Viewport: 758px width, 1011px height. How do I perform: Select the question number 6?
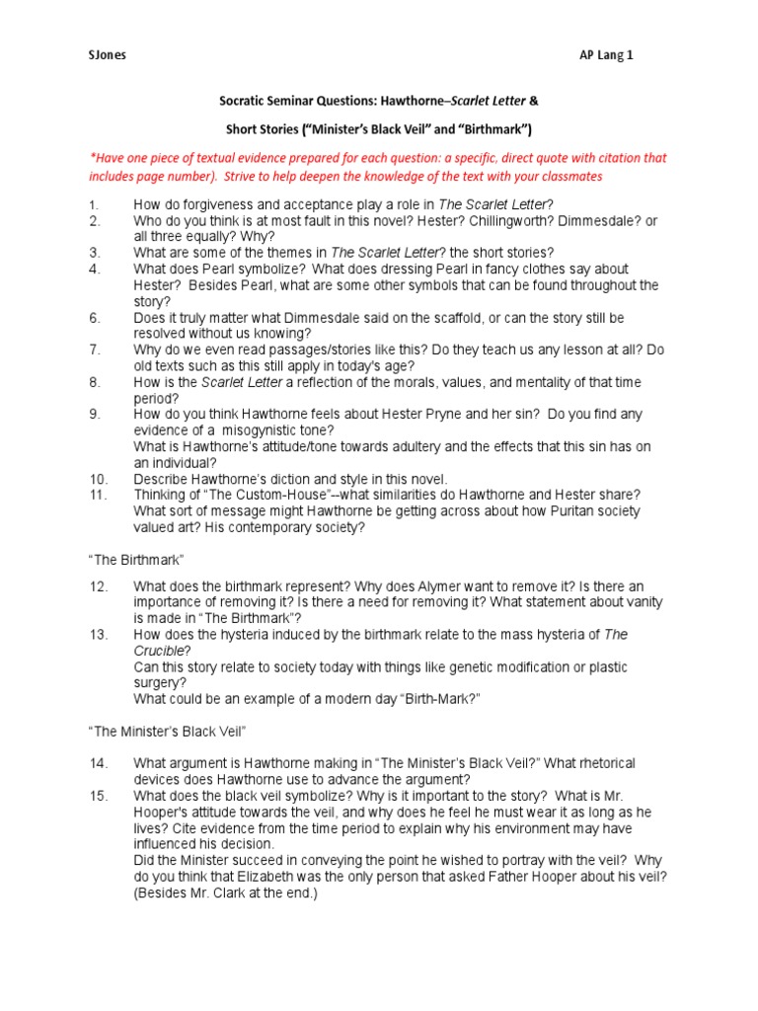click(94, 318)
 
